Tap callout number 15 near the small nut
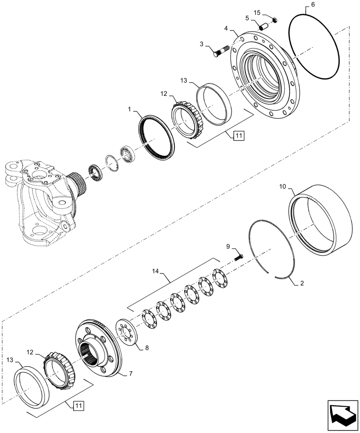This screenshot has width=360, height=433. pos(269,13)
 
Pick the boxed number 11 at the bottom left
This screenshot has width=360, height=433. pos(78,406)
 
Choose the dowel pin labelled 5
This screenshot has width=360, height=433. pos(264,26)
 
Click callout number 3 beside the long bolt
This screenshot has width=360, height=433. pos(202,44)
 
